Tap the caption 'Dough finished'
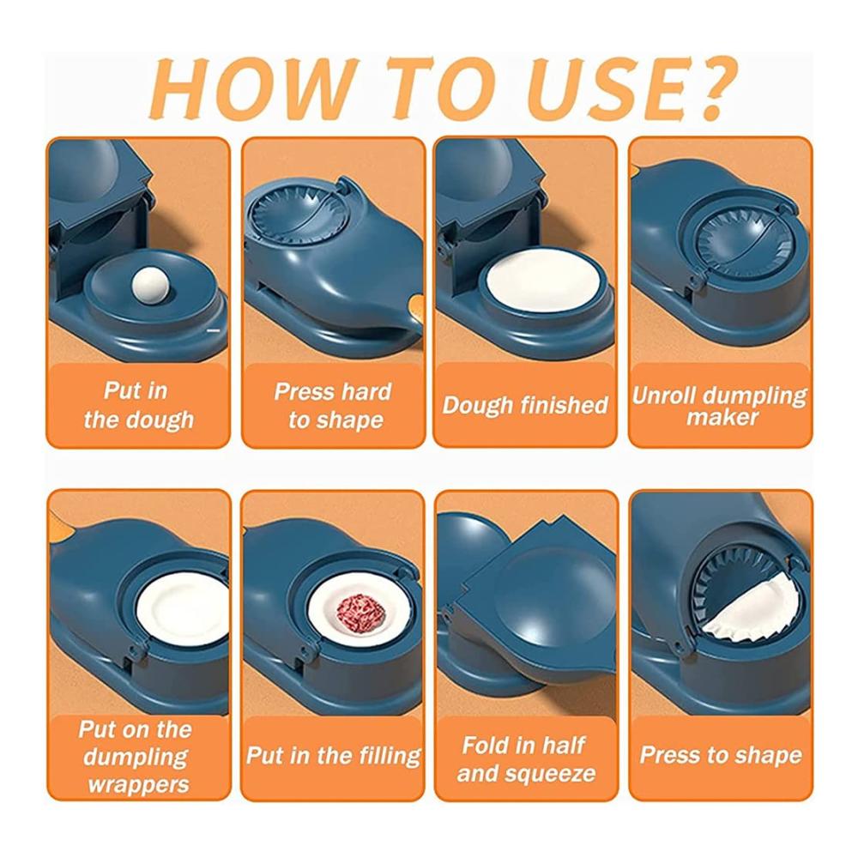click(x=525, y=406)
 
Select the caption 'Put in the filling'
click(x=333, y=756)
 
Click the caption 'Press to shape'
click(x=721, y=755)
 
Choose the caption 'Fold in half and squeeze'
click(x=526, y=759)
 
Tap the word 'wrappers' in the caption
click(x=138, y=785)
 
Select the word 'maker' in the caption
click(x=722, y=418)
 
